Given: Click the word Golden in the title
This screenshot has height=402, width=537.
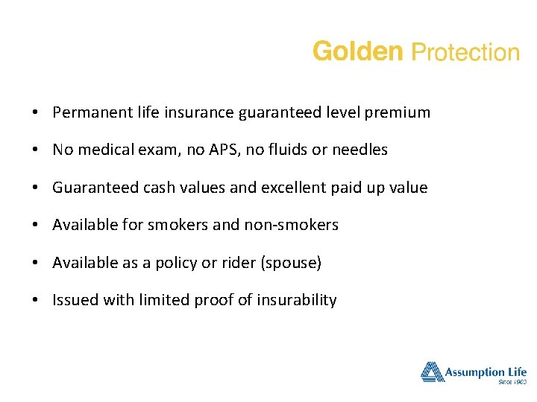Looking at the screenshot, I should pos(358,52).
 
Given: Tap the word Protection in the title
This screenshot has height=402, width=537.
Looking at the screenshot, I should pos(465,53).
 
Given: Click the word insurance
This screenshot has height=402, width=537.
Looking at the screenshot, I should pos(200,112).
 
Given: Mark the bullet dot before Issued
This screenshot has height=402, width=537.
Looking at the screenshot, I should pos(36,301).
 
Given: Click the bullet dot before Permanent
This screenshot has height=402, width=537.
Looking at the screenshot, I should pos(36,113).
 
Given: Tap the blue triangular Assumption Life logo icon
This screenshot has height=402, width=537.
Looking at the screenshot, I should pos(432,371).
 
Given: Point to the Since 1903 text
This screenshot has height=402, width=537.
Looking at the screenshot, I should pos(512,382).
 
